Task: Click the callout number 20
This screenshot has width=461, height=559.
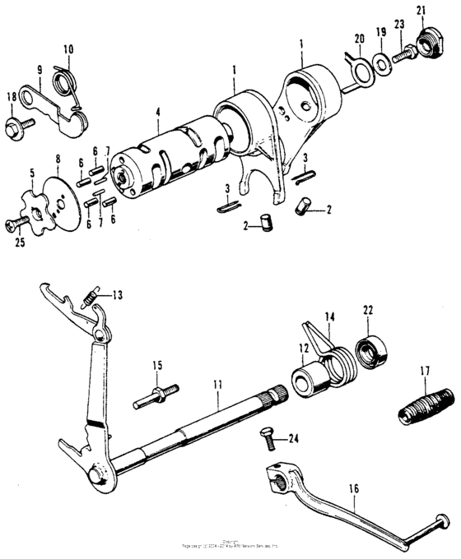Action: (359, 39)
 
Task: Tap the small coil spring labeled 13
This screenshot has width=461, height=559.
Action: (93, 292)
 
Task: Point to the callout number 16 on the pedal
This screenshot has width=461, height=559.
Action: (354, 489)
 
